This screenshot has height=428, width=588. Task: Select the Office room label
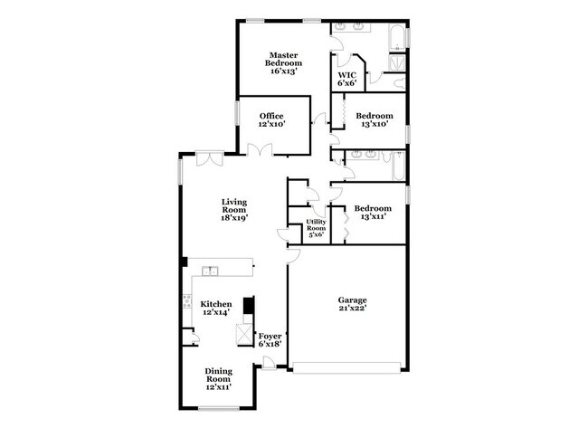(x=272, y=116)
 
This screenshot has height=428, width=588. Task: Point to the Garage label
(x=353, y=300)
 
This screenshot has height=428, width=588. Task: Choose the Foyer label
(x=270, y=338)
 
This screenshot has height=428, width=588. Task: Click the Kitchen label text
(x=216, y=304)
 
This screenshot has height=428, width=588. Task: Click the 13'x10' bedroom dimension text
(x=374, y=126)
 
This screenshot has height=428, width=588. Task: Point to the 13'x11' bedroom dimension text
(x=374, y=218)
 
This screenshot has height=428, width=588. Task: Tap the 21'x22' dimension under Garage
(x=353, y=309)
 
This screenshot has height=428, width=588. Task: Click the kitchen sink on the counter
(x=211, y=269)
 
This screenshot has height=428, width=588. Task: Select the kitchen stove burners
(x=187, y=304)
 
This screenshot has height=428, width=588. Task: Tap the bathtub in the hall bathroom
(x=395, y=168)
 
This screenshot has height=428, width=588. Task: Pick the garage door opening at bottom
(x=346, y=366)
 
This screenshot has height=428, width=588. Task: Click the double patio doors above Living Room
(x=211, y=157)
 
